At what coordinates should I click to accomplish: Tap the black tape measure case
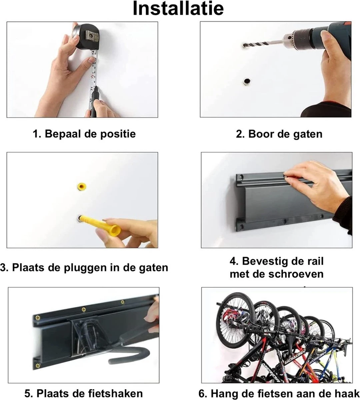pyautogui.click(x=86, y=36)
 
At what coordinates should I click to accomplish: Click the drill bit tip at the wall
pyautogui.click(x=245, y=45)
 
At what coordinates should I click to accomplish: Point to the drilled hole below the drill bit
pyautogui.click(x=247, y=81)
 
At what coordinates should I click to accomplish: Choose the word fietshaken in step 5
pyautogui.click(x=112, y=393)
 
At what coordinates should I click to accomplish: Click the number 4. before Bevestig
pyautogui.click(x=234, y=261)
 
